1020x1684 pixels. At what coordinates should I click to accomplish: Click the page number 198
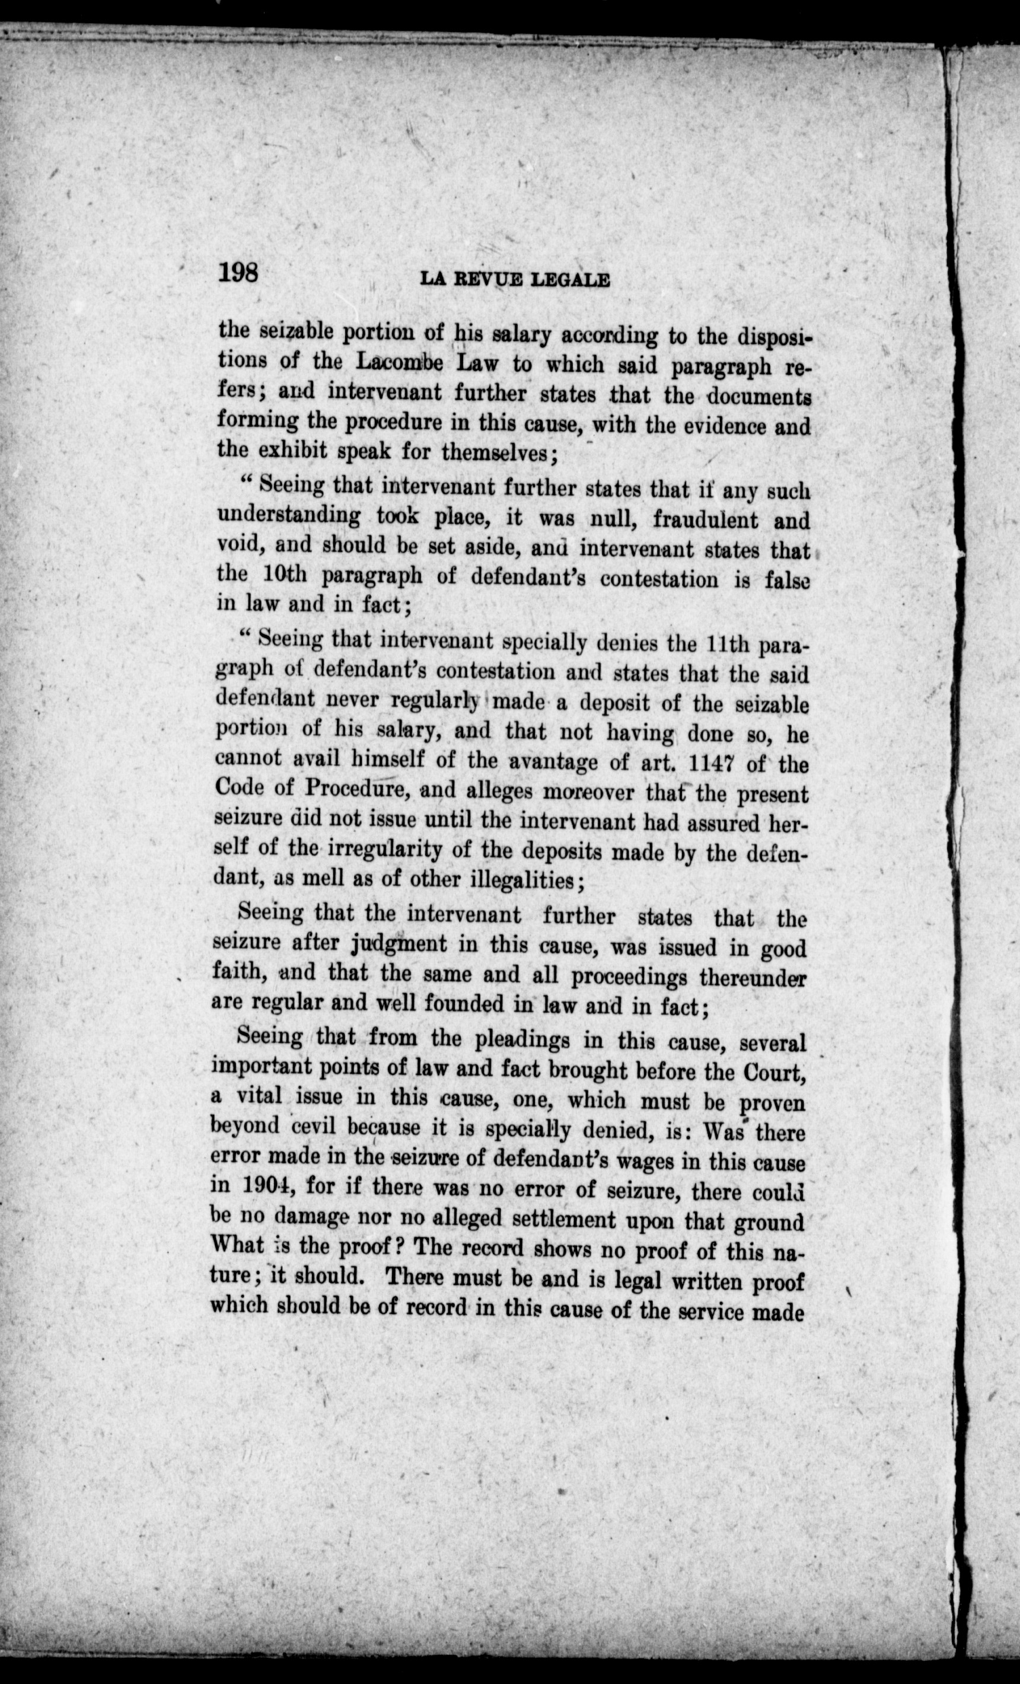[x=238, y=273]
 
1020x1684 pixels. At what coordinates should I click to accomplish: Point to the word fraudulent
[x=706, y=520]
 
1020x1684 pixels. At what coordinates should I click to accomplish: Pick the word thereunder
[x=752, y=978]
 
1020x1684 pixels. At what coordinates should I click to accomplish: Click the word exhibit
[x=299, y=452]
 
